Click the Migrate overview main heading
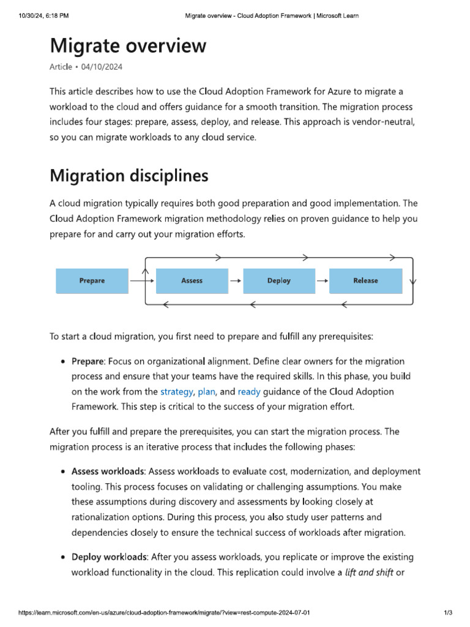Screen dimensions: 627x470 (x=128, y=46)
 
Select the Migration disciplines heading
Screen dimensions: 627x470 (x=129, y=176)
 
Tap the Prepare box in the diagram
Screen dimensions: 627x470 (x=92, y=281)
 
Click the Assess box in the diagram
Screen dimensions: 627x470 (x=192, y=281)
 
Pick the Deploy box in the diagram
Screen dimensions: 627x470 (x=279, y=281)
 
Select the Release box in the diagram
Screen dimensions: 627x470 (x=365, y=281)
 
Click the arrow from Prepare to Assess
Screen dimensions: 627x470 (x=142, y=281)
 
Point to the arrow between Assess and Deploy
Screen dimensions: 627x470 (x=236, y=281)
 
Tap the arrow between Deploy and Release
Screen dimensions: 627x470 (x=322, y=281)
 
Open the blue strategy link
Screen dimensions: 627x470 (x=176, y=391)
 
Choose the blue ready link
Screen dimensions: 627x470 (x=249, y=391)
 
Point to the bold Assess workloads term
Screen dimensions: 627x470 (x=108, y=471)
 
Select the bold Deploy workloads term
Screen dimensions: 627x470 (x=108, y=557)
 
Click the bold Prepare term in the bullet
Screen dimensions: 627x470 (x=88, y=361)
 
